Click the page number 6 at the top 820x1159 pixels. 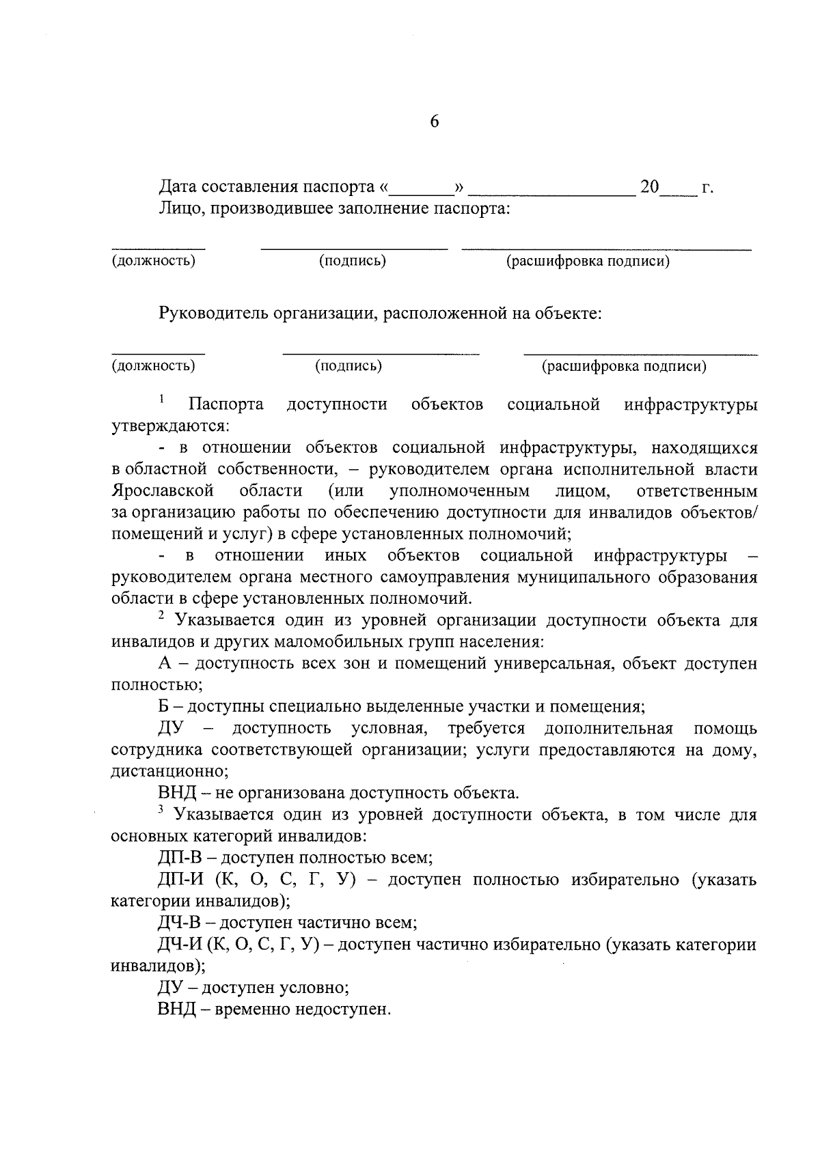click(x=435, y=122)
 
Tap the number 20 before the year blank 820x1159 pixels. click(x=650, y=186)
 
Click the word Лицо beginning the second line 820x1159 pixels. click(x=180, y=208)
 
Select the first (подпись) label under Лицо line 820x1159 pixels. click(x=353, y=261)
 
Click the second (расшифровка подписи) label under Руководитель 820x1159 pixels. click(x=624, y=366)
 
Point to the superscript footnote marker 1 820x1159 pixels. click(x=162, y=398)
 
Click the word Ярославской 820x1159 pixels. click(x=163, y=491)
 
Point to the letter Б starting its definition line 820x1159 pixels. click(x=164, y=707)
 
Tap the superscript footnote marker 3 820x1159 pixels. click(x=162, y=809)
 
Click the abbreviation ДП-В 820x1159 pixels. click(x=179, y=858)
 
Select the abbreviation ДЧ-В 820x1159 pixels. click(x=179, y=923)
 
